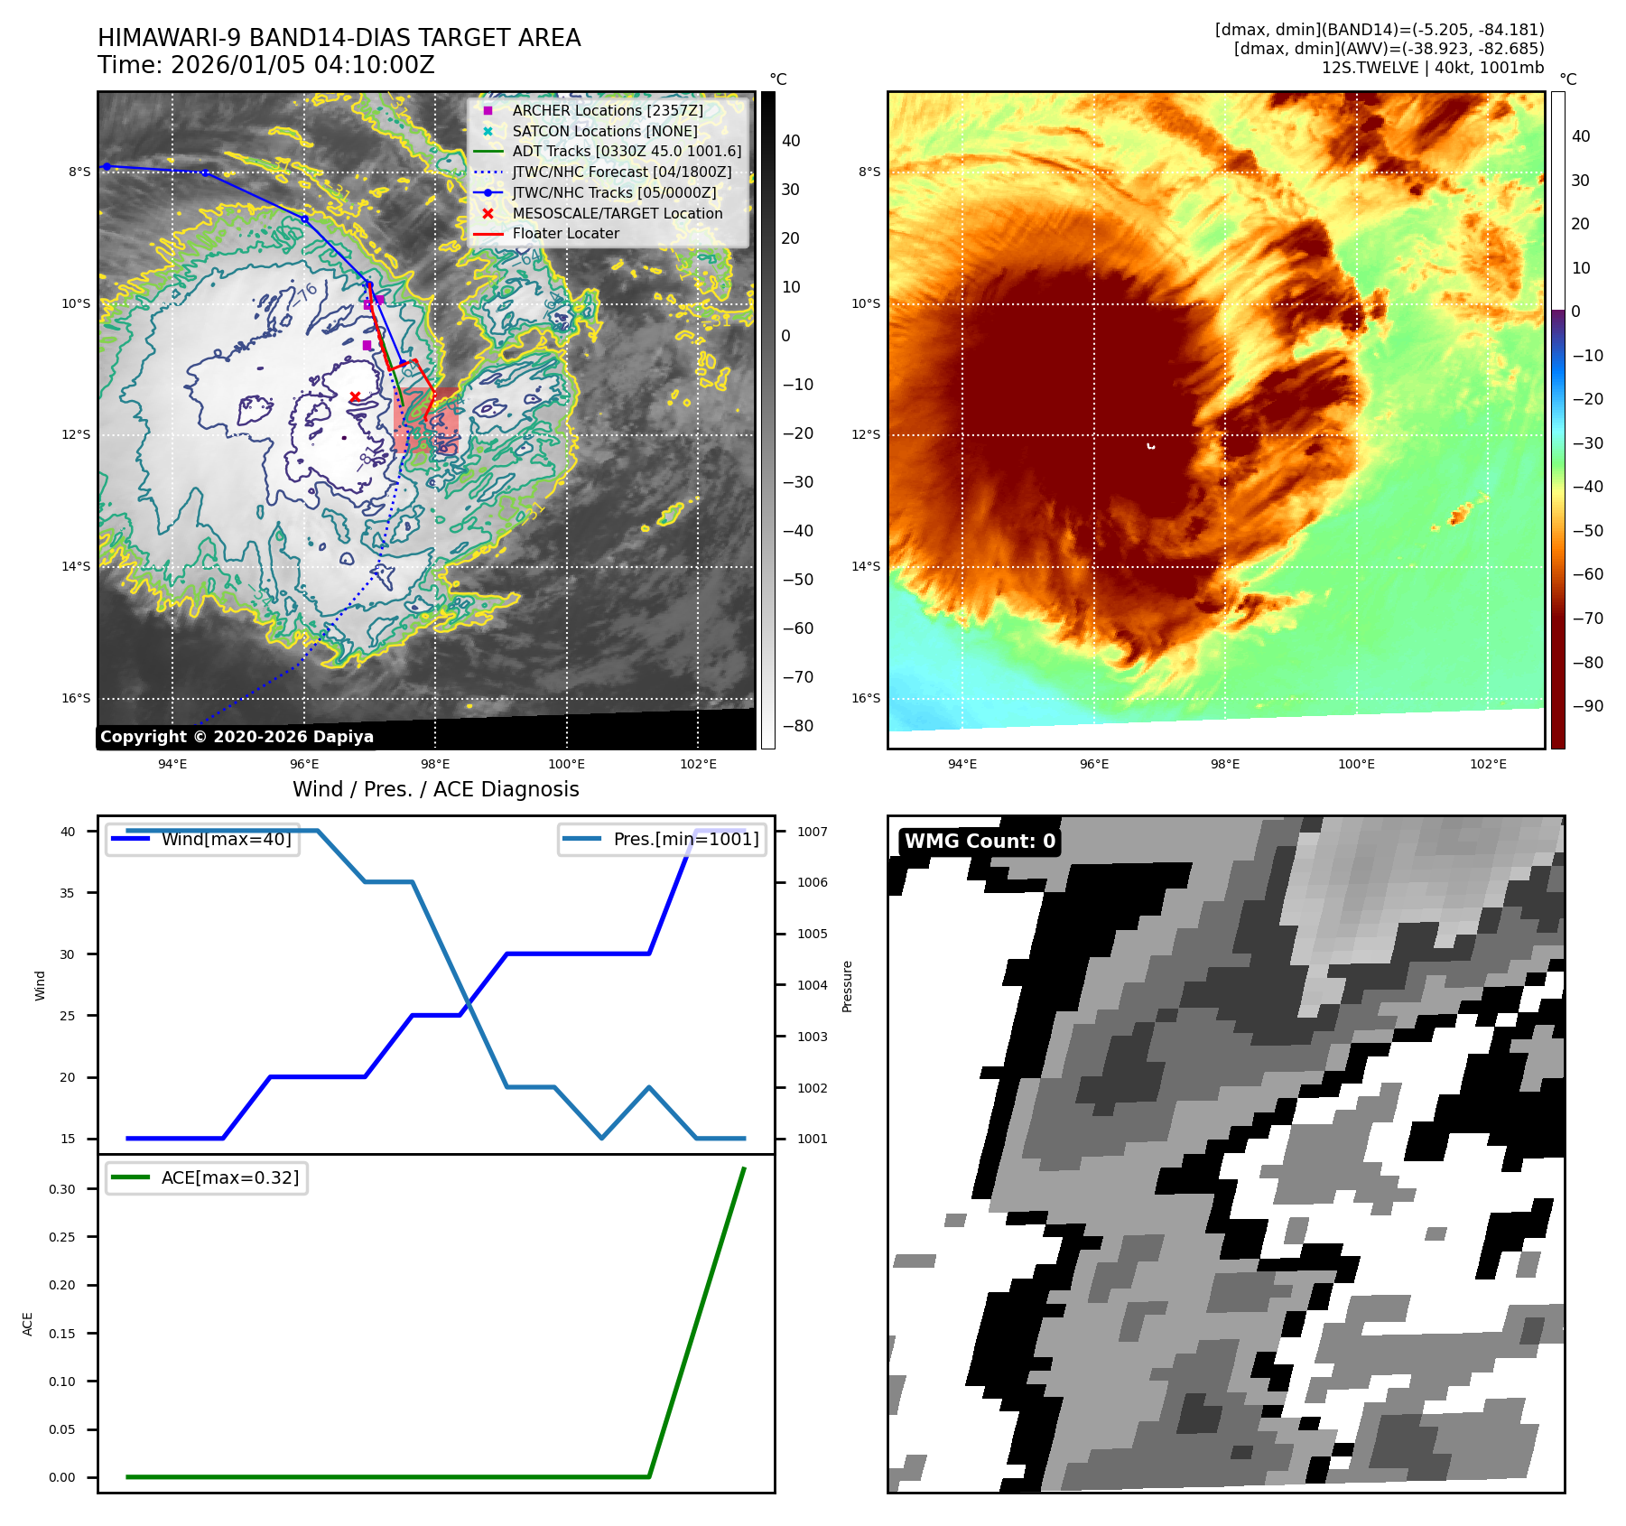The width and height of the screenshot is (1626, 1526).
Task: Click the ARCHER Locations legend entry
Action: point(607,110)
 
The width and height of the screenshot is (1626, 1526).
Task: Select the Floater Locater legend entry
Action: point(565,233)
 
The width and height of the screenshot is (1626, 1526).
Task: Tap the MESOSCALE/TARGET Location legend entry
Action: point(617,213)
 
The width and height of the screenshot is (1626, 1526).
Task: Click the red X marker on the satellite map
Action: point(355,396)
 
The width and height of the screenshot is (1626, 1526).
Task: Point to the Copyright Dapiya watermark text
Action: point(237,737)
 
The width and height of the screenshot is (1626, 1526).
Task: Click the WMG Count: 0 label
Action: point(980,842)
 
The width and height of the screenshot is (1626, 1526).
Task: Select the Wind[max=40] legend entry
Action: point(226,839)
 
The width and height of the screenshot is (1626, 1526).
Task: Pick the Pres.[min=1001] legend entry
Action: point(685,839)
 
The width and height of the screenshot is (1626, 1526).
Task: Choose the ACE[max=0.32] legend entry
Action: point(229,1177)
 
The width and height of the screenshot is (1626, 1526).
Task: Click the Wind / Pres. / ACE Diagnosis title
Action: point(435,789)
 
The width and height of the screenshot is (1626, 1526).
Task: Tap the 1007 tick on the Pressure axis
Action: point(812,832)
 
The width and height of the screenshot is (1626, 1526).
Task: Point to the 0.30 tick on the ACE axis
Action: point(62,1189)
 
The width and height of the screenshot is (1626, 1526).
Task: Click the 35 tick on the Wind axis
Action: point(68,893)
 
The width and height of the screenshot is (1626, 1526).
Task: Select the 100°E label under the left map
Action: point(566,764)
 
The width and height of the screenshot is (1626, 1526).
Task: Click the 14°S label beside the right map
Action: point(865,566)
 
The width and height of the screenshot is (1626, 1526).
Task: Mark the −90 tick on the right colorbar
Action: point(1586,706)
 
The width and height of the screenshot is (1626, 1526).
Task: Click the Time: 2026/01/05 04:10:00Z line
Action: point(266,65)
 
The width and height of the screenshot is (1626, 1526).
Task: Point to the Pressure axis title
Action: point(847,986)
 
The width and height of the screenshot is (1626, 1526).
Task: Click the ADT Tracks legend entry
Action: point(627,152)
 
